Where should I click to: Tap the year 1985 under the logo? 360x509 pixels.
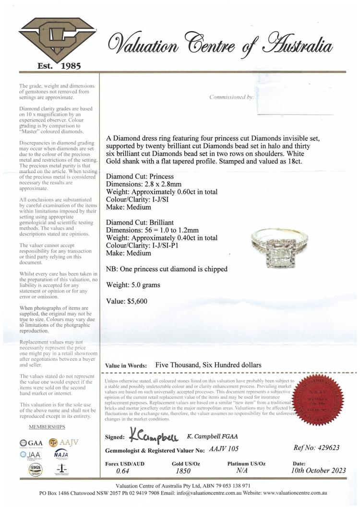pos(67,66)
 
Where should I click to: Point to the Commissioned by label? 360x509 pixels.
pos(231,97)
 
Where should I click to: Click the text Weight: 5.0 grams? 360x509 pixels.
pos(133,285)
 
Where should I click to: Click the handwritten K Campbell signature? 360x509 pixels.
pos(154,436)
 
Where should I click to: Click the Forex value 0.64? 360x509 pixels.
pos(123,472)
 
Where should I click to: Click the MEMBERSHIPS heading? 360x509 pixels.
pos(47,427)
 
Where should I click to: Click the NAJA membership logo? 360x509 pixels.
pos(61,454)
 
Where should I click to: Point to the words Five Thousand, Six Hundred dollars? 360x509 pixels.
pos(208,365)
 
